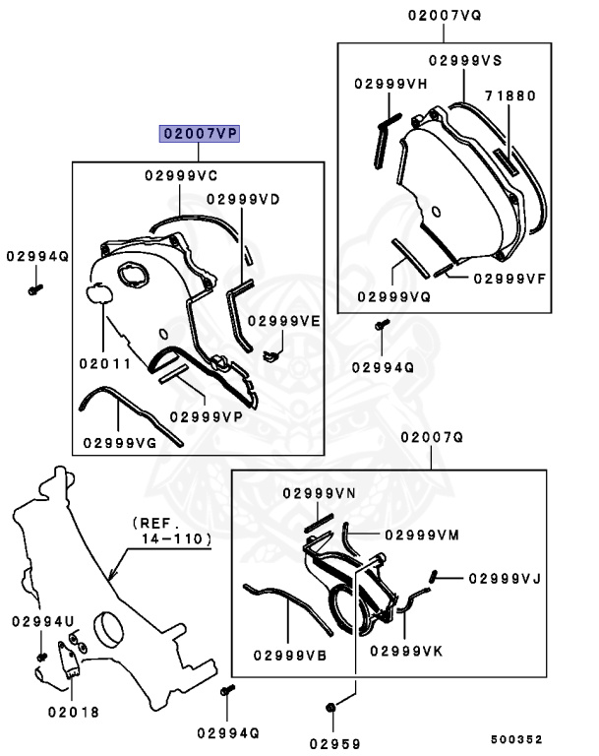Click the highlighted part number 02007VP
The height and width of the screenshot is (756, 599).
[201, 133]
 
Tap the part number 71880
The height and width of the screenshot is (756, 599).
[509, 96]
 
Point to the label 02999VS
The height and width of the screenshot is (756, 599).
[465, 60]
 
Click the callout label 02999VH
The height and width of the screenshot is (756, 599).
[390, 85]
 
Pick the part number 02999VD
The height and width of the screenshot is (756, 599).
[243, 199]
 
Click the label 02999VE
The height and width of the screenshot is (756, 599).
[284, 321]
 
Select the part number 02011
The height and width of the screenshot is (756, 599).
[105, 362]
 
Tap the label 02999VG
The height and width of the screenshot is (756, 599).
[120, 443]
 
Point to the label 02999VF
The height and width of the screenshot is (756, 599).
[509, 278]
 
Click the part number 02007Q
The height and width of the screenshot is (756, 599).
[430, 436]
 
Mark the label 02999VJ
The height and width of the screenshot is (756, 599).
[504, 579]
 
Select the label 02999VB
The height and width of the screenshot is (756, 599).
[289, 655]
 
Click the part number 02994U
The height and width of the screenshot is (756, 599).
[43, 621]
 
